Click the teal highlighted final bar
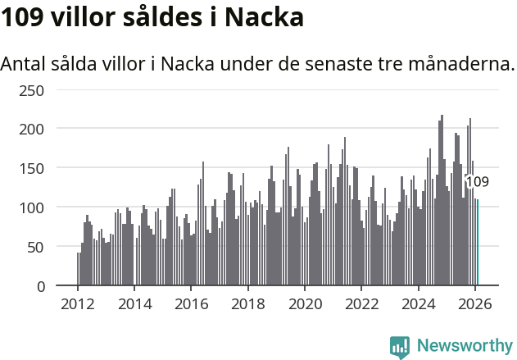(478, 243)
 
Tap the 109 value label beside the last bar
(477, 182)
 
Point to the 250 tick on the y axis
(31, 89)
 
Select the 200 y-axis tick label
(31, 129)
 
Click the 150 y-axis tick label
(31, 168)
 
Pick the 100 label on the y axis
(31, 207)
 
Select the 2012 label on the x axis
(78, 304)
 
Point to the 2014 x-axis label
(134, 304)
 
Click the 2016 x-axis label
(191, 304)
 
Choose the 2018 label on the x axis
(247, 304)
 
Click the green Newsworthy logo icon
(400, 346)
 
